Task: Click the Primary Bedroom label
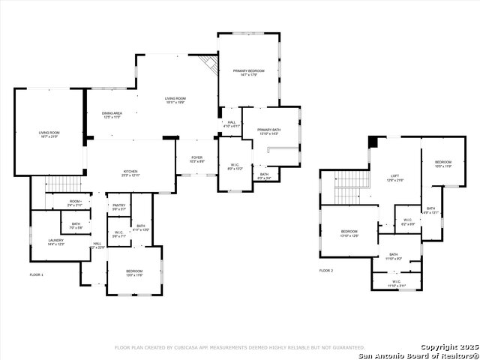coord(247,72)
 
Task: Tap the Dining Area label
coord(111,115)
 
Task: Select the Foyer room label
coord(196,160)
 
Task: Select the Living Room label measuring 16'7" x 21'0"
coord(49,134)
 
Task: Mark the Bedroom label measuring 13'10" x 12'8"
coord(349,232)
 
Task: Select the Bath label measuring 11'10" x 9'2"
coord(394,256)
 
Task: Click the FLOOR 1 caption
coord(36,275)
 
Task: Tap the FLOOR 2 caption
coord(325,270)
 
